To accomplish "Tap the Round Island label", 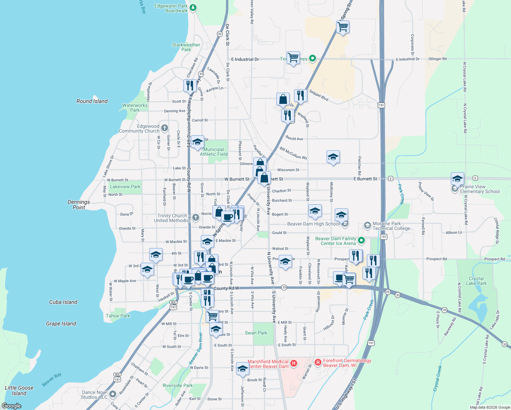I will (x=92, y=101).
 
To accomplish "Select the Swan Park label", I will (x=256, y=333).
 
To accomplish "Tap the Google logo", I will (x=11, y=406).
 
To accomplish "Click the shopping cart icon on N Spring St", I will (x=343, y=27).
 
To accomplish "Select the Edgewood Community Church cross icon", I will (x=165, y=128).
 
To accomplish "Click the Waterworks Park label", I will (x=135, y=108).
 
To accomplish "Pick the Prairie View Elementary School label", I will (x=480, y=189).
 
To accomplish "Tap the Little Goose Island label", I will (x=19, y=391).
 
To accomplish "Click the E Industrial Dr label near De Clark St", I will (x=245, y=59).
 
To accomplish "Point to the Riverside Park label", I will (x=178, y=385).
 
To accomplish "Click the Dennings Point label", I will (x=79, y=205).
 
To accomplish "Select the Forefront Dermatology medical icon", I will (x=318, y=362).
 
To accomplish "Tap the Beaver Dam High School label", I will (x=313, y=224).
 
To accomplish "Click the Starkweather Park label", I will (x=186, y=47).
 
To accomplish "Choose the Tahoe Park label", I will (x=118, y=316).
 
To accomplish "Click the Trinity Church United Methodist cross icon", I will (x=195, y=217).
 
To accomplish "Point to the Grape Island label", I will (x=61, y=324).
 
